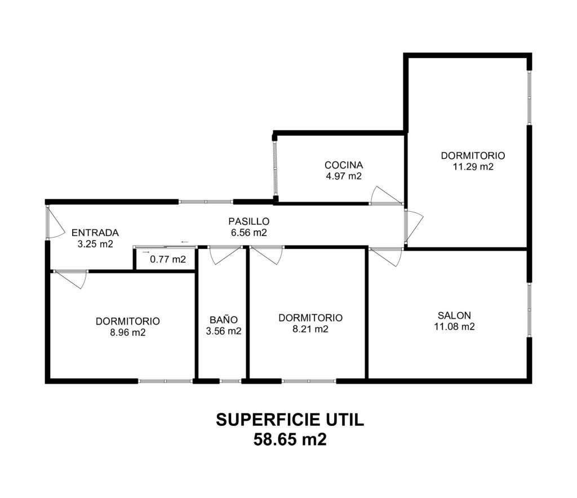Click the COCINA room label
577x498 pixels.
344,165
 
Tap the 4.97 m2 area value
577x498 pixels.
344,176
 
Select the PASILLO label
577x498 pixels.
248,221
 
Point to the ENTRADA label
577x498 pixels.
95,233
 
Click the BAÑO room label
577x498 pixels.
224,319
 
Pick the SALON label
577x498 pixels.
454,315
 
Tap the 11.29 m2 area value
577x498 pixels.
473,167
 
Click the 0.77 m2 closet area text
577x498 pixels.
168,259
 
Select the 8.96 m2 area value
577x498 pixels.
128,332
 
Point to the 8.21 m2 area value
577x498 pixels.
310,329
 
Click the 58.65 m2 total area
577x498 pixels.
290,439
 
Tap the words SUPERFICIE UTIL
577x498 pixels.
290,420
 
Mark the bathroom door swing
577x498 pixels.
224,255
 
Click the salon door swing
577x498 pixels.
385,257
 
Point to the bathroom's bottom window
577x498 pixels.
230,381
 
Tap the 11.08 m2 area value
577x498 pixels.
454,327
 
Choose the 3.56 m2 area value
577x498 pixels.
224,331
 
